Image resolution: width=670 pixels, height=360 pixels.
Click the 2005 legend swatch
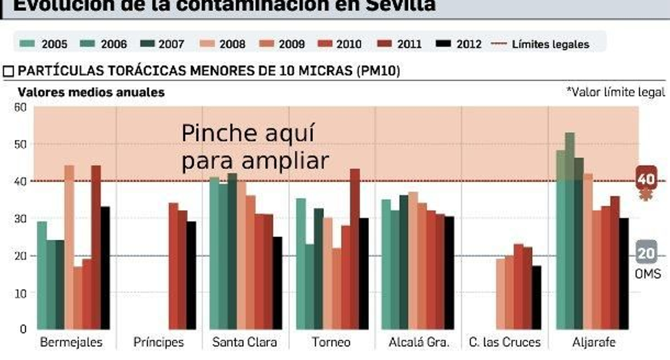tap(27, 44)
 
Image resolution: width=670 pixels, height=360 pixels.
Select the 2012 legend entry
tap(459, 44)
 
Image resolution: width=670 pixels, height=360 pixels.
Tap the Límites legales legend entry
tap(540, 44)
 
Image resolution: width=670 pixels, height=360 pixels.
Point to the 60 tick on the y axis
tap(20, 107)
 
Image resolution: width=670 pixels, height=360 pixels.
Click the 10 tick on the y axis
tap(20, 293)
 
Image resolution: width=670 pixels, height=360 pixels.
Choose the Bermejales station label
tap(71, 342)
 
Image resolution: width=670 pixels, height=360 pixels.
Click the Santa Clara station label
tap(245, 342)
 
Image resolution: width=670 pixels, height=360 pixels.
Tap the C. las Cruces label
tap(505, 342)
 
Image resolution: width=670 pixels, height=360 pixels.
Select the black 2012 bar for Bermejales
tap(105, 268)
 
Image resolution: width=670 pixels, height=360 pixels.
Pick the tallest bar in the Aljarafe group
tap(569, 230)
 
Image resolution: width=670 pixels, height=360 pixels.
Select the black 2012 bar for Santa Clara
tap(277, 283)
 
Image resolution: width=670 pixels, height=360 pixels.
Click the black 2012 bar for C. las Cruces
tap(536, 297)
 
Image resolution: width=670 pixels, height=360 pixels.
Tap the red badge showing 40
tap(646, 179)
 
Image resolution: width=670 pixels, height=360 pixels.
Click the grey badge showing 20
tap(646, 253)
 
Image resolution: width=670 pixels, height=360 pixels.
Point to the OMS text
tap(648, 274)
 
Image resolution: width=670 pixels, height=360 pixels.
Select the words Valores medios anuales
tap(91, 93)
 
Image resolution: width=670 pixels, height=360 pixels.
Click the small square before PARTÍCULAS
tap(8, 71)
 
